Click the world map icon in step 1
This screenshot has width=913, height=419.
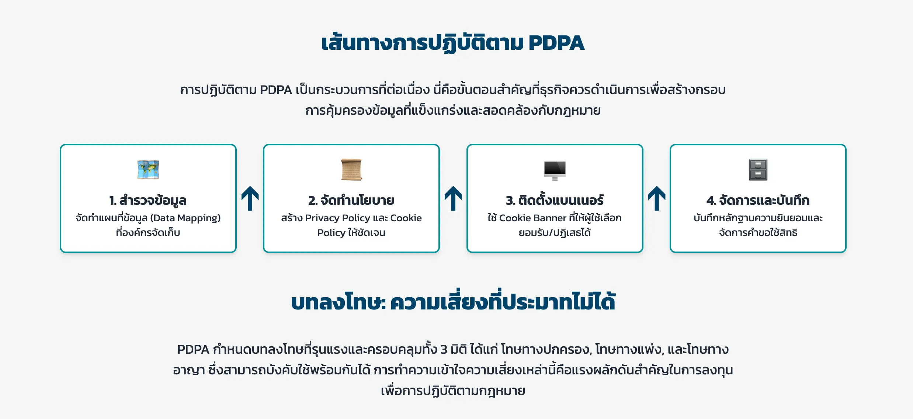pos(148,170)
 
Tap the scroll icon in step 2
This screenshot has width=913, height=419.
pos(351,170)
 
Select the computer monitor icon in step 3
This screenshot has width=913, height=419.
pos(555,170)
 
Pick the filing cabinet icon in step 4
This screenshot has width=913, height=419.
pos(758,170)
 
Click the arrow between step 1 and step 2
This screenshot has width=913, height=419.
pos(250,198)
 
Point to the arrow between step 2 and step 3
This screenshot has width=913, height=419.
pos(453,198)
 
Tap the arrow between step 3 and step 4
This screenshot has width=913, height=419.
pos(657,198)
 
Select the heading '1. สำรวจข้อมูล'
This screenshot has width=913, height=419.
pos(148,200)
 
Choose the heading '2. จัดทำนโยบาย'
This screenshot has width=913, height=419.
pos(351,200)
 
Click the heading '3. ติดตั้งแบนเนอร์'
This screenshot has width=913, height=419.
pos(555,200)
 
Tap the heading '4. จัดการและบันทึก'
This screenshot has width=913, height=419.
pos(758,200)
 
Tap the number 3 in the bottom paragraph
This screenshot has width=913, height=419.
pos(444,349)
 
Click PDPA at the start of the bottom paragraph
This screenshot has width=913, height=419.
pos(193,349)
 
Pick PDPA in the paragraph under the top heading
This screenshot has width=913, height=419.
pos(276,90)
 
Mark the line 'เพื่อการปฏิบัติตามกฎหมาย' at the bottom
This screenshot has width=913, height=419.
pos(453,391)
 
